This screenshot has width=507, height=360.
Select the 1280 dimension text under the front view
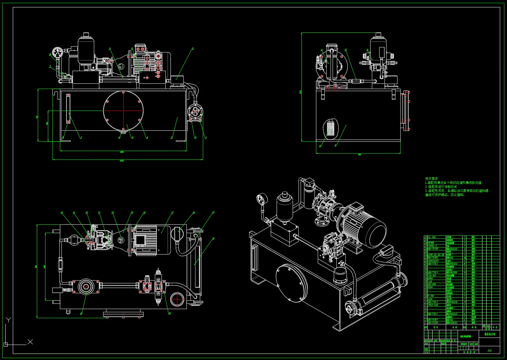pyautogui.click(x=122, y=152)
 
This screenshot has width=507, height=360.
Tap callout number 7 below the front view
pyautogui.click(x=81, y=137)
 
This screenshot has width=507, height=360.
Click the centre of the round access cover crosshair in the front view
pyautogui.click(x=123, y=110)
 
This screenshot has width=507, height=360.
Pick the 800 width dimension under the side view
pyautogui.click(x=359, y=154)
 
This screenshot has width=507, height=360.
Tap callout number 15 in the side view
pyautogui.click(x=346, y=50)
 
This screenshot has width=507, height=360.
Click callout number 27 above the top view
pyautogui.click(x=213, y=212)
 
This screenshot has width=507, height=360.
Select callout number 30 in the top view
pyautogui.click(x=213, y=239)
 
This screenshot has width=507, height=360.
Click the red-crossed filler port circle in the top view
pyautogui.click(x=177, y=298)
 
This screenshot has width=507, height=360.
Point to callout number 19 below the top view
pyautogui.click(x=170, y=313)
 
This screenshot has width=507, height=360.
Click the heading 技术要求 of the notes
pyautogui.click(x=431, y=178)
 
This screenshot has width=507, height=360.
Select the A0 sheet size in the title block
pyautogui.click(x=489, y=350)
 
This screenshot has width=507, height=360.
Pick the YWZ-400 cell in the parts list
pyautogui.click(x=433, y=305)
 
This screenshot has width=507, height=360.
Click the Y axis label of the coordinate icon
pyautogui.click(x=8, y=320)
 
